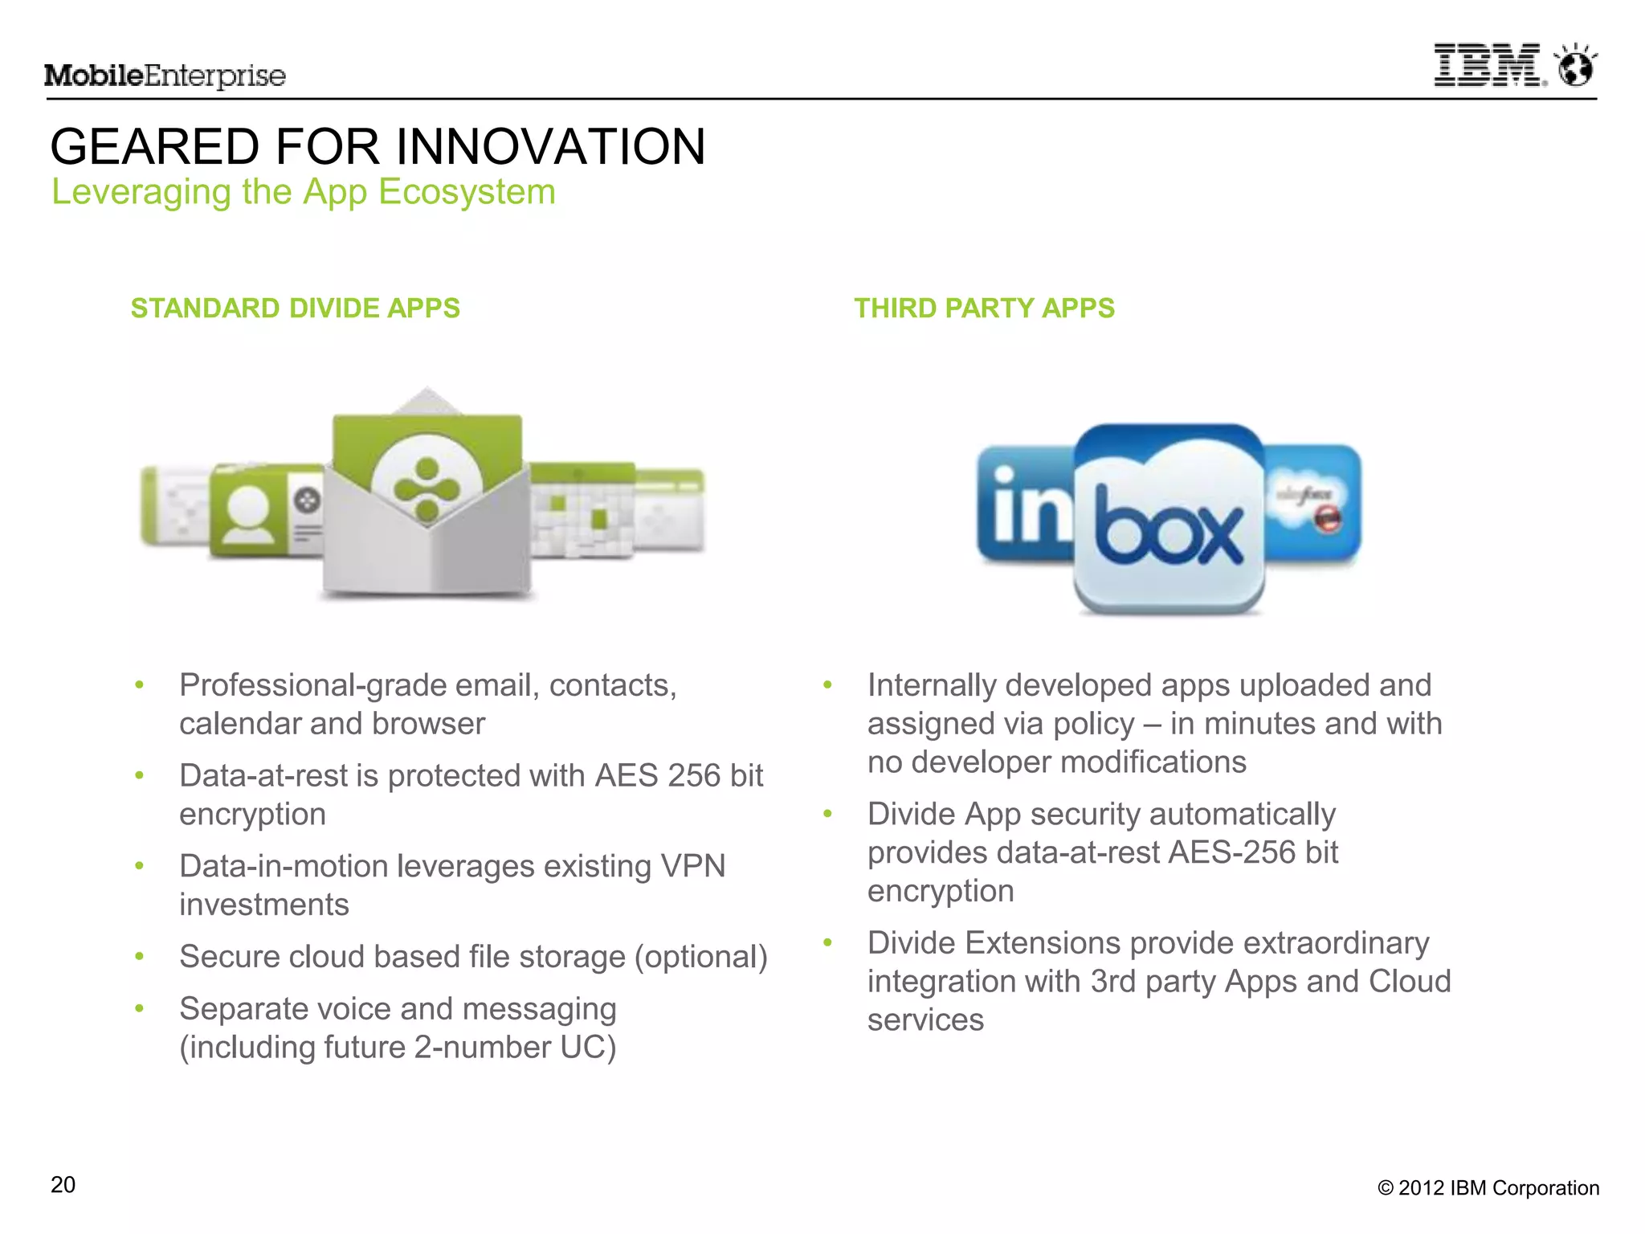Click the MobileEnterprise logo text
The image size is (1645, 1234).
(165, 76)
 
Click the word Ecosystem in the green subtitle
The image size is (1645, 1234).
(467, 192)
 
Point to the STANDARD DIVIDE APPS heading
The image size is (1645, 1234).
(295, 308)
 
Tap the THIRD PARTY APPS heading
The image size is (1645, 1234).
(984, 308)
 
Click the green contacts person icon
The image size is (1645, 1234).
(249, 512)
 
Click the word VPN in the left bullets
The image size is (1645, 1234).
(692, 867)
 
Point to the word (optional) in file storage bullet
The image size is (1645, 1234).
(701, 958)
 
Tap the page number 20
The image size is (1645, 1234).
(63, 1185)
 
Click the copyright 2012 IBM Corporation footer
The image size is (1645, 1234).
(1488, 1188)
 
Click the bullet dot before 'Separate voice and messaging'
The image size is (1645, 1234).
(140, 1008)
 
